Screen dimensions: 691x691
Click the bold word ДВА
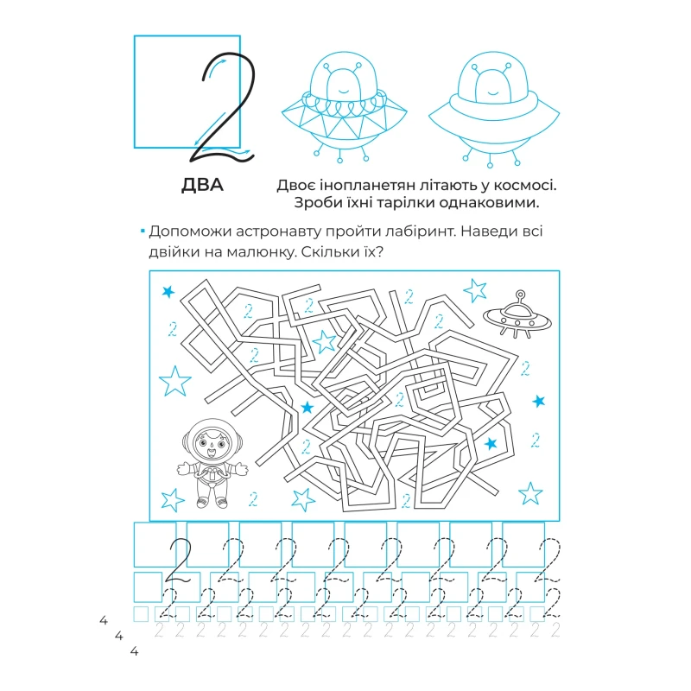[202, 185]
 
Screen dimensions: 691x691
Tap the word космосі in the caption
[525, 185]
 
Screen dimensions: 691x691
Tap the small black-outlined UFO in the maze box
[517, 314]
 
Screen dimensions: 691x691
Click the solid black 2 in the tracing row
[179, 561]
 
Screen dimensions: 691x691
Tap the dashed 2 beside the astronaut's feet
[253, 499]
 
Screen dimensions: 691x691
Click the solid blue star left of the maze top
[168, 291]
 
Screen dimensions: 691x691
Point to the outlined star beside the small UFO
[475, 290]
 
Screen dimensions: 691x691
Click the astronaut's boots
[212, 503]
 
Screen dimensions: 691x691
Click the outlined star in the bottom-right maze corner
[530, 493]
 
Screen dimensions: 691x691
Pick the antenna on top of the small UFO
[521, 296]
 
